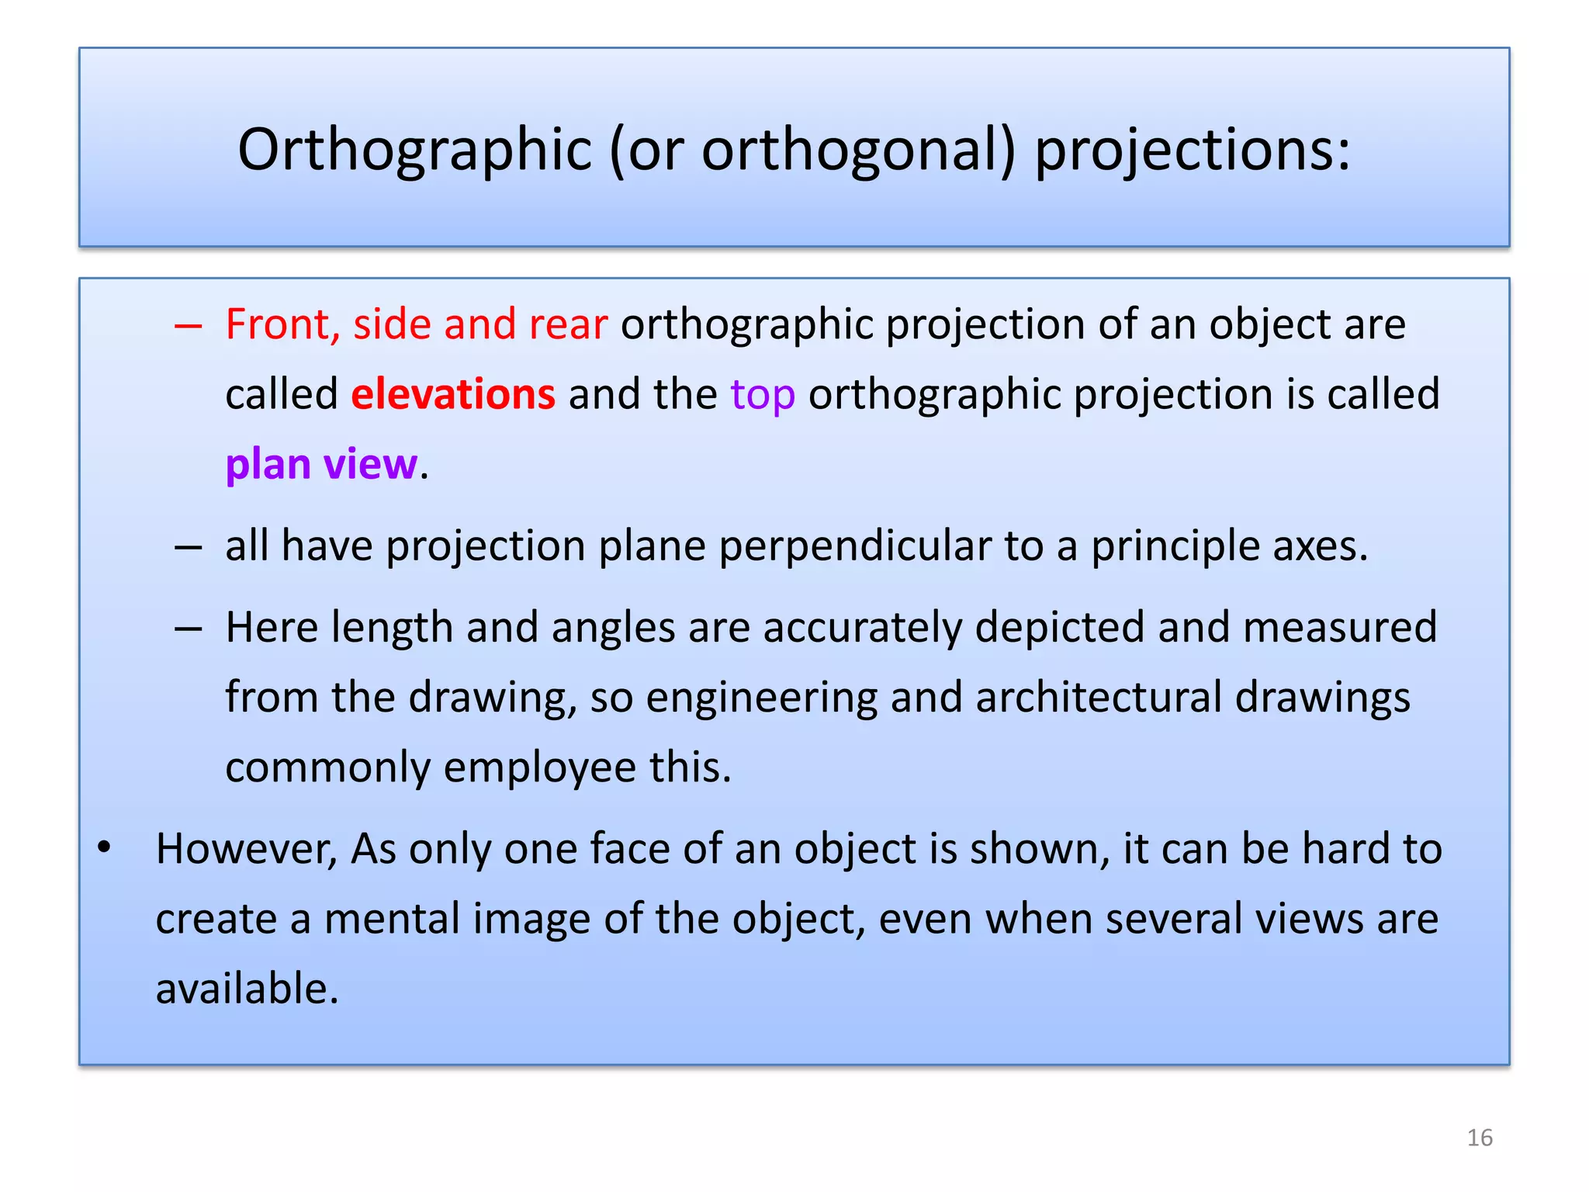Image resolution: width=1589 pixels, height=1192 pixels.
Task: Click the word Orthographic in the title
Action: [x=414, y=149]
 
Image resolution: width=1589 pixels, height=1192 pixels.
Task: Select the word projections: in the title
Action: [x=1193, y=149]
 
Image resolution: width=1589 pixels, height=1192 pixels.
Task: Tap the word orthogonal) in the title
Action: [x=858, y=149]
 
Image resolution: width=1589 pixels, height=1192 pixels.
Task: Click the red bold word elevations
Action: [x=453, y=394]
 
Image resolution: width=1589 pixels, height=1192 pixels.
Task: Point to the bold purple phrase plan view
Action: [x=321, y=465]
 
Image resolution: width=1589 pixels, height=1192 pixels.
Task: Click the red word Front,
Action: [x=282, y=324]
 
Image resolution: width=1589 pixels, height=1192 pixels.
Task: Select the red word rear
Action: [x=567, y=324]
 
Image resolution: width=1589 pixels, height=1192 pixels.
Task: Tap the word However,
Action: [x=246, y=849]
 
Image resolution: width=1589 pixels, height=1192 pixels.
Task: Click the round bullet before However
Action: [x=105, y=847]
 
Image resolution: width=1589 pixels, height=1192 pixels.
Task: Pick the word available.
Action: [x=247, y=989]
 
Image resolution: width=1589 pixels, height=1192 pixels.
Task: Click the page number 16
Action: [x=1480, y=1138]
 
